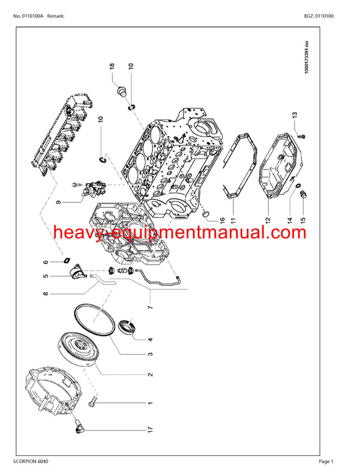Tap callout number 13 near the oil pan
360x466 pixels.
click(295, 116)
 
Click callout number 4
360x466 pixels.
click(151, 340)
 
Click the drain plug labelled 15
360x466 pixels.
click(304, 194)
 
